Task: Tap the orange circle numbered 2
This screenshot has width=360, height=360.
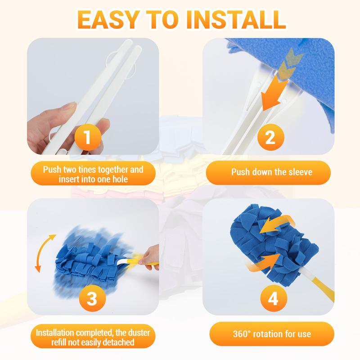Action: point(270,137)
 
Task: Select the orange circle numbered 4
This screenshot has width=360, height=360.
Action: point(273,298)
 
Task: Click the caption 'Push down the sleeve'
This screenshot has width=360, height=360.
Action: point(271,172)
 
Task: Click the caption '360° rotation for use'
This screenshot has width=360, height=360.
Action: point(271,334)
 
